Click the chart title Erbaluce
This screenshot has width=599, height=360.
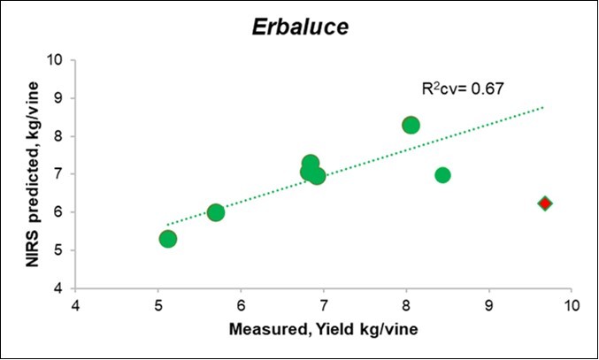[x=298, y=27]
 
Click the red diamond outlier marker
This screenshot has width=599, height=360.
[x=545, y=203]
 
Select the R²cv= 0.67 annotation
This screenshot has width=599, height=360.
[x=462, y=89]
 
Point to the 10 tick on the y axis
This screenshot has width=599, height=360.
[x=57, y=60]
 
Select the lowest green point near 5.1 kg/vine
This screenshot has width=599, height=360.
[x=168, y=239]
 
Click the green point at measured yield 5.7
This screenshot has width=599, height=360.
[x=216, y=212]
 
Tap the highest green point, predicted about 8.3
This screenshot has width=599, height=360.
[x=411, y=125]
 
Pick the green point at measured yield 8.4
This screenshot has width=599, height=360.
[x=442, y=175]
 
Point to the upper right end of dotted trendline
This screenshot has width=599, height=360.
[x=543, y=107]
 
